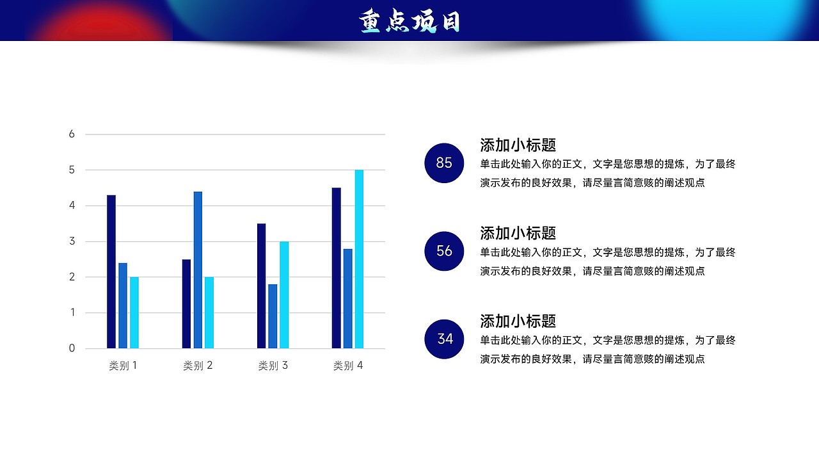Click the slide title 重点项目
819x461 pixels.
coord(409,22)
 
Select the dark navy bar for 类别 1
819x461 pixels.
coord(111,271)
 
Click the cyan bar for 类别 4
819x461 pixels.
coord(359,259)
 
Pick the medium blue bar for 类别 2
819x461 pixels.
coord(198,270)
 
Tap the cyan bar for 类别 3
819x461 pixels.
coord(284,295)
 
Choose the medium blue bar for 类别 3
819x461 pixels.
coord(273,316)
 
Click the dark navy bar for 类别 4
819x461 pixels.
coord(336,268)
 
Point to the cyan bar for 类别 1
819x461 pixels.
coord(134,312)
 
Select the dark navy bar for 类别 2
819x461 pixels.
coord(186,303)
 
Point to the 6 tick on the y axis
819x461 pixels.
coord(72,134)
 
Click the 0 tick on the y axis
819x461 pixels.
coord(72,348)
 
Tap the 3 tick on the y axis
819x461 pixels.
coord(72,241)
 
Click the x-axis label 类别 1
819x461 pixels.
coord(123,366)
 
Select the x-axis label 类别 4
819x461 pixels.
coord(348,366)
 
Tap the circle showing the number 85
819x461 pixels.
coord(444,163)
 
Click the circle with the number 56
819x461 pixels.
coord(444,251)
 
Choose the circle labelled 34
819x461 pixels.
coord(444,339)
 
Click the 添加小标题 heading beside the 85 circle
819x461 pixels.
coord(518,145)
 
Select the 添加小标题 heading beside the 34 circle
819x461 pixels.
coord(518,321)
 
